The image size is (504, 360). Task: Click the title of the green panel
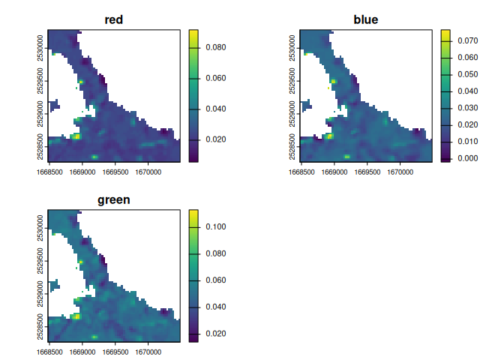[114, 200]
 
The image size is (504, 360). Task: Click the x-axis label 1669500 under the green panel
[115, 352]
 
